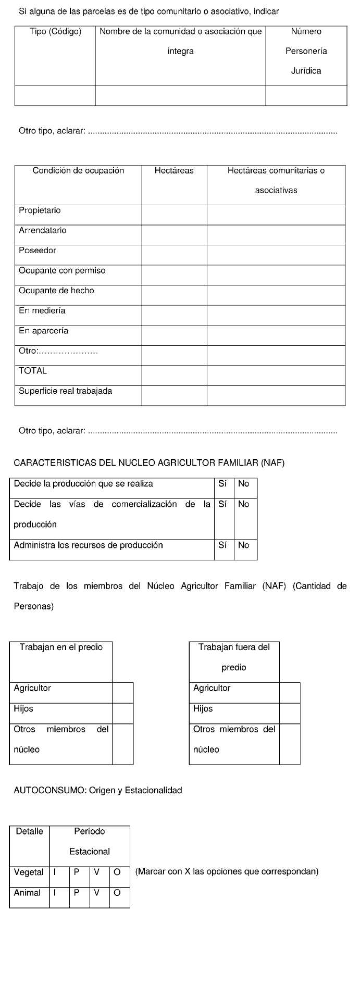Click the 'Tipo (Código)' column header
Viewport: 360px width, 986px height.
tap(55, 32)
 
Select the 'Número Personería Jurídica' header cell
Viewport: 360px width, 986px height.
tap(306, 51)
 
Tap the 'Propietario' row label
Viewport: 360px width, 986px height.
tap(40, 210)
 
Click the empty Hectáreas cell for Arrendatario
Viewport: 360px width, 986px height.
tap(174, 235)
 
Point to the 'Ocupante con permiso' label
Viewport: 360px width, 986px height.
tap(62, 270)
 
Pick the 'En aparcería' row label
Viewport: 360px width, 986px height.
tap(43, 331)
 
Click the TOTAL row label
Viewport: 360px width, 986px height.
tap(33, 371)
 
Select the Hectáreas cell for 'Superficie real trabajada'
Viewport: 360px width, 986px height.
tap(174, 395)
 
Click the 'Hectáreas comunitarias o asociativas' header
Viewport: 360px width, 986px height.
tap(276, 180)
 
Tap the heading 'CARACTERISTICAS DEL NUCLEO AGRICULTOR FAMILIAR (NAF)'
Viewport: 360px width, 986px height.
tap(149, 463)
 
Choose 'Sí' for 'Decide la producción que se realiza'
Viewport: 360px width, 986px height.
tap(222, 484)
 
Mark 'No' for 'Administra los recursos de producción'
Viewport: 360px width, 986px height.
tap(244, 545)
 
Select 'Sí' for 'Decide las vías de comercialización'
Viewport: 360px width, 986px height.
tap(222, 504)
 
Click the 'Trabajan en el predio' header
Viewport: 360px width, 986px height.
tap(61, 647)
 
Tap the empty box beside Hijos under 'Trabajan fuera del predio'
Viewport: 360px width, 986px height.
tap(290, 714)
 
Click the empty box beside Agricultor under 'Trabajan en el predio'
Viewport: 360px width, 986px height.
tap(123, 693)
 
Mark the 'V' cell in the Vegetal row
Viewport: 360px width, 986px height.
tap(96, 872)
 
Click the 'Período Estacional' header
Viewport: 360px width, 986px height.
tap(90, 841)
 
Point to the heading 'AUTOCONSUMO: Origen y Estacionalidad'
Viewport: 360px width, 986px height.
tap(98, 790)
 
